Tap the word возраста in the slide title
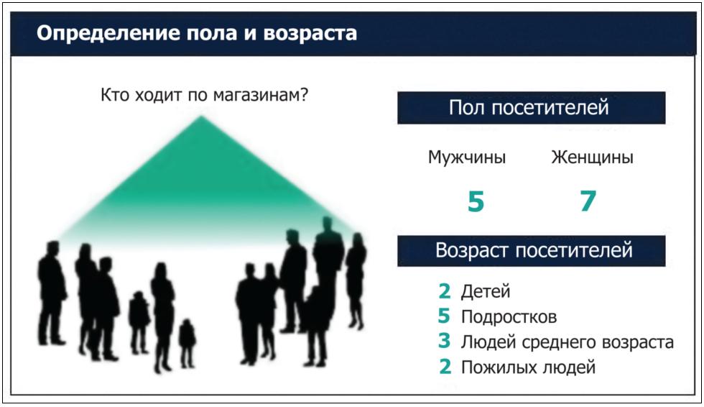(x=310, y=34)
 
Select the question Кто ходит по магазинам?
(x=204, y=95)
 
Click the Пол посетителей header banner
(x=531, y=108)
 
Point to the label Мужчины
(x=467, y=157)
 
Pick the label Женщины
(x=592, y=157)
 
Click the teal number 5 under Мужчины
(x=476, y=201)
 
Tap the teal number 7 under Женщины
(x=588, y=201)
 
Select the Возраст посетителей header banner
(x=531, y=251)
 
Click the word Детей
(x=486, y=292)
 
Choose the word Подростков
(x=509, y=317)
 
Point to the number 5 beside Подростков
(x=444, y=316)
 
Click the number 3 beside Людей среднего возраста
(x=445, y=341)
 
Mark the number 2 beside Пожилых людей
(x=445, y=367)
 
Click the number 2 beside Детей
(x=445, y=291)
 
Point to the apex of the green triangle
(x=200, y=116)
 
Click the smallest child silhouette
(x=187, y=343)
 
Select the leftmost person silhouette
(x=51, y=293)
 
